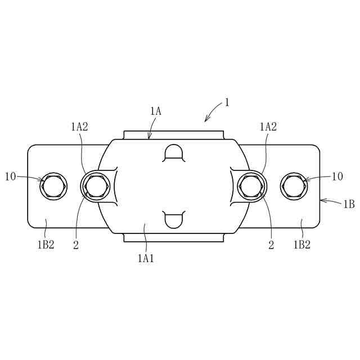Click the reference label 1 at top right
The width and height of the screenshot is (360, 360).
[x=227, y=102]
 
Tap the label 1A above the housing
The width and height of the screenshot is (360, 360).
[x=156, y=111]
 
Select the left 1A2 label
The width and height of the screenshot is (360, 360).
[x=79, y=127]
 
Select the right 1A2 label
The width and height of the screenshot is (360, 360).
[x=268, y=127]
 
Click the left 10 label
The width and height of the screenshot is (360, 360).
[x=11, y=177]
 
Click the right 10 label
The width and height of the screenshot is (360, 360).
[x=337, y=177]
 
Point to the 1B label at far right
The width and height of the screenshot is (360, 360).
[x=349, y=204]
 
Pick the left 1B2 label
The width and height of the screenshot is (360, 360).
[x=46, y=245]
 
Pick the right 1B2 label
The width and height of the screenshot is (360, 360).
[x=302, y=245]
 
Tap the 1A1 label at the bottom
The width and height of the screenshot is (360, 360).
[x=146, y=259]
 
